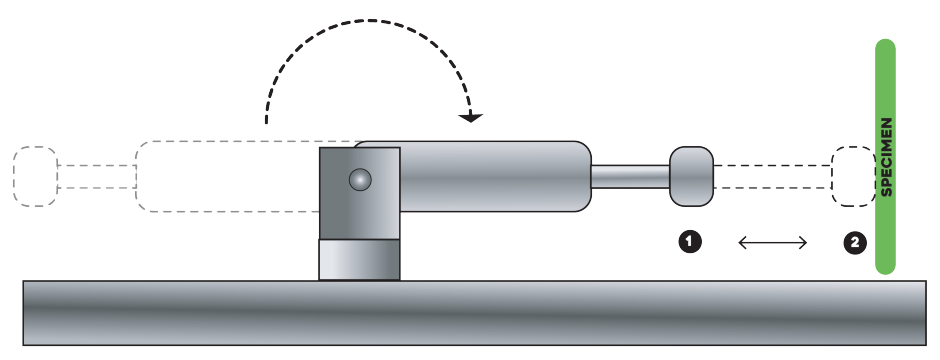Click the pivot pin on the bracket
[x=360, y=179]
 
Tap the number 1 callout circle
[x=690, y=242]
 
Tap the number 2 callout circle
[x=855, y=243]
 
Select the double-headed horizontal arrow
[x=773, y=243]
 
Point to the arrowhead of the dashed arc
[x=471, y=117]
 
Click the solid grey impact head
[x=691, y=176]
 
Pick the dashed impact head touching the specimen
[x=853, y=176]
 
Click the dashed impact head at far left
[x=35, y=176]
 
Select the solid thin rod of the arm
[x=630, y=177]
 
